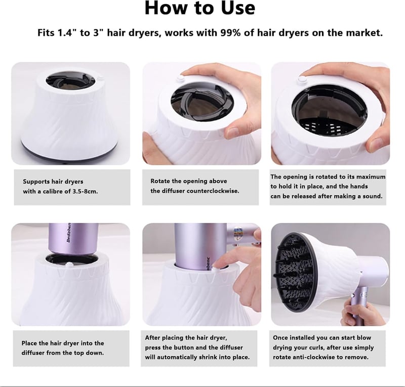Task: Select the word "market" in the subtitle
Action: pyautogui.click(x=362, y=33)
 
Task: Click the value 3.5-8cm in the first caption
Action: pyautogui.click(x=85, y=192)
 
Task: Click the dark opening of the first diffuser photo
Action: pyautogui.click(x=70, y=81)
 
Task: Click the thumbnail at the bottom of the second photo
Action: pyautogui.click(x=235, y=130)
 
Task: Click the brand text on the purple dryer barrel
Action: pyautogui.click(x=69, y=232)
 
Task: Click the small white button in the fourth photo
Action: pyautogui.click(x=69, y=265)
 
